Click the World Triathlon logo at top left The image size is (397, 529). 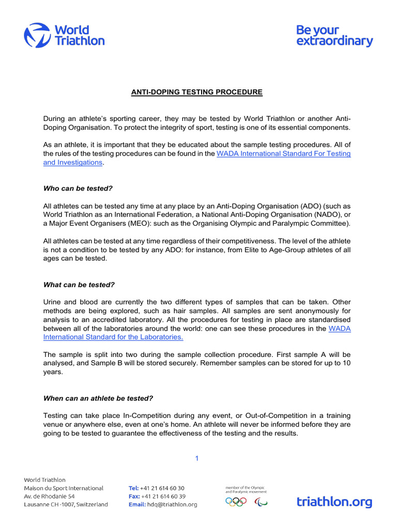[64, 35]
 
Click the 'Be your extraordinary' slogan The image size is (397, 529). [334, 36]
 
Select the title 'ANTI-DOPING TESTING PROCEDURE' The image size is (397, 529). [196, 92]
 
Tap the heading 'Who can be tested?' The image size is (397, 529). [78, 188]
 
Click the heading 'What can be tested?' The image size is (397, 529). [79, 285]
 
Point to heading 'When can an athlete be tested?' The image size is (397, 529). [98, 398]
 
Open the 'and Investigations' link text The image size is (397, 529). [73, 162]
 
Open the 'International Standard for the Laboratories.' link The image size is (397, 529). [113, 337]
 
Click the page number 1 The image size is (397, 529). [196, 458]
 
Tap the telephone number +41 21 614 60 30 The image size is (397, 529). [162, 488]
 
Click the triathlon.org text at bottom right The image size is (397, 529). [334, 501]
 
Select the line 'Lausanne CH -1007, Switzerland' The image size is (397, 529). [66, 505]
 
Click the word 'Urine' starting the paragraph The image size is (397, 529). [53, 302]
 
